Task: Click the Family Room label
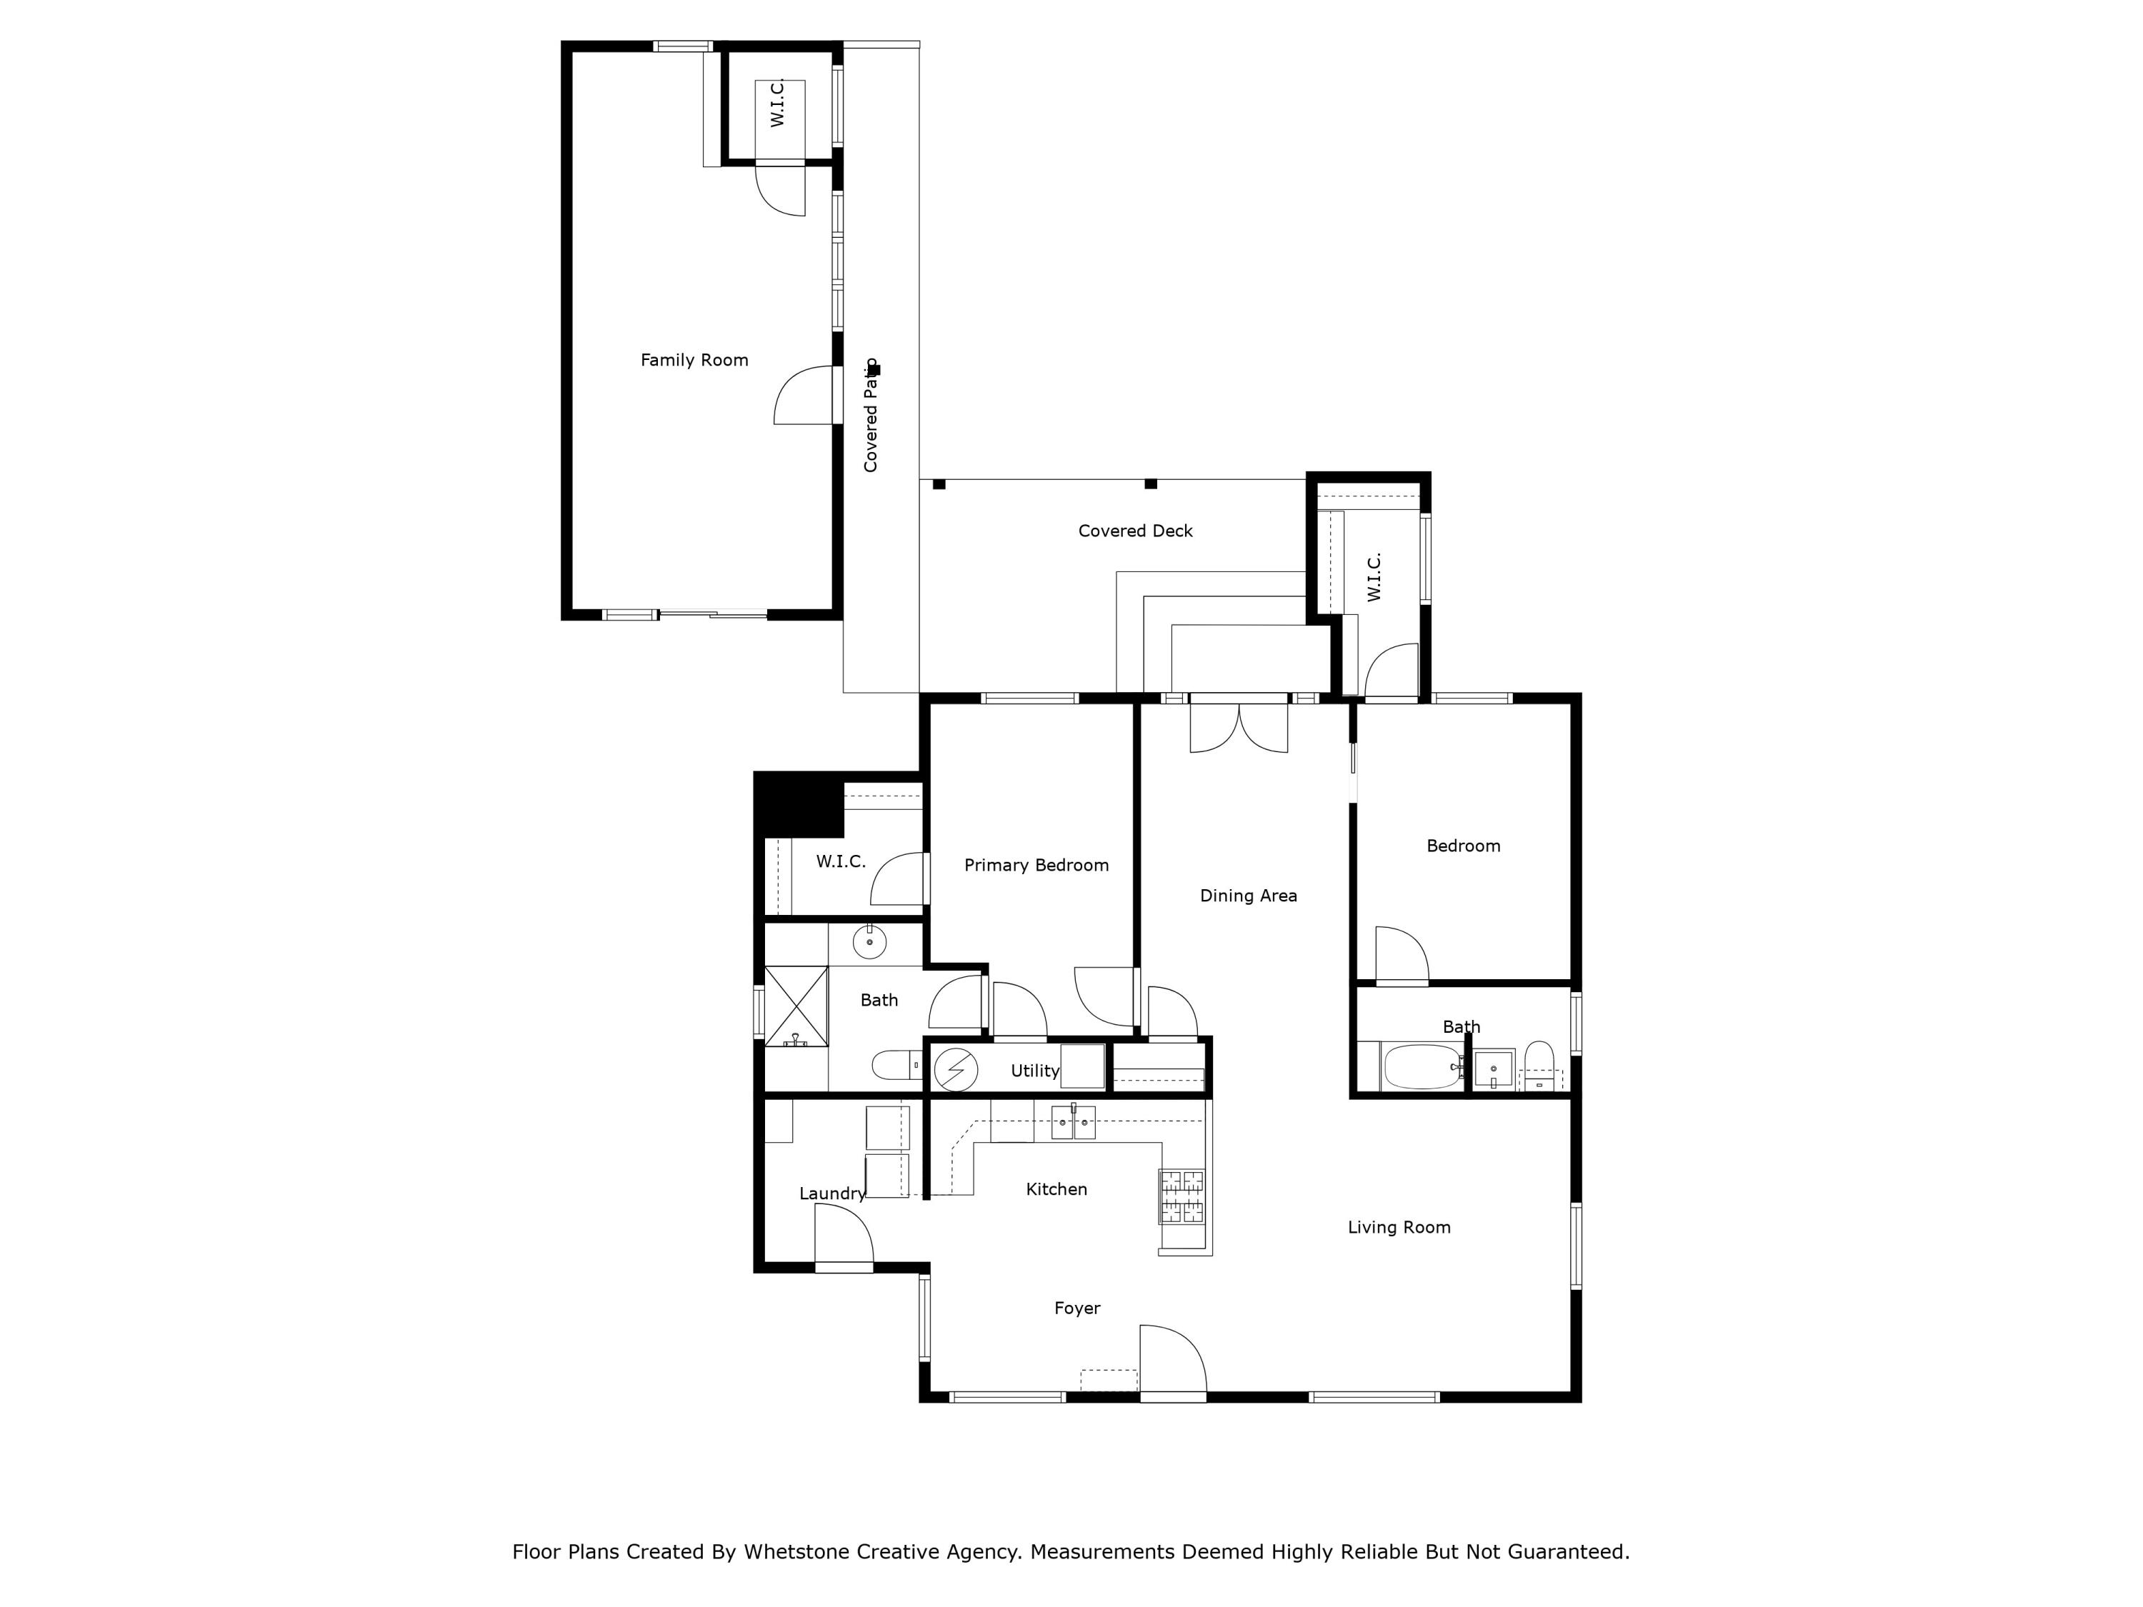pyautogui.click(x=694, y=361)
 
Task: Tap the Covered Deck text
pyautogui.click(x=1136, y=531)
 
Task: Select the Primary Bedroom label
pyautogui.click(x=1036, y=865)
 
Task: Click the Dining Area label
pyautogui.click(x=1248, y=896)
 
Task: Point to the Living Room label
pyautogui.click(x=1399, y=1227)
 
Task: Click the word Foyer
pyautogui.click(x=1077, y=1308)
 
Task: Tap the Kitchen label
pyautogui.click(x=1056, y=1189)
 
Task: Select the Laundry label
pyautogui.click(x=831, y=1193)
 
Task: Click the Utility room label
pyautogui.click(x=1034, y=1071)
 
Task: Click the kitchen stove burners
pyautogui.click(x=1182, y=1196)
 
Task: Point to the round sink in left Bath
pyautogui.click(x=869, y=941)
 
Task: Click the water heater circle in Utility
pyautogui.click(x=955, y=1068)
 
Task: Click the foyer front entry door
pyautogui.click(x=1172, y=1361)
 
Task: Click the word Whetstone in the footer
pyautogui.click(x=794, y=1552)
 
